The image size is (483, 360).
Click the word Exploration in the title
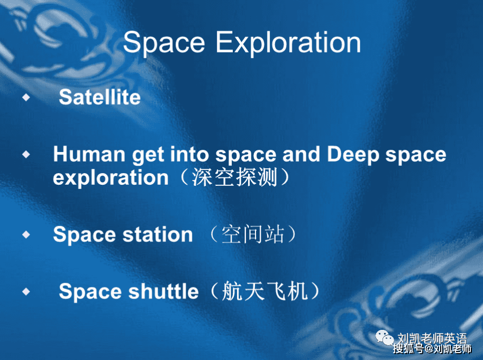288,43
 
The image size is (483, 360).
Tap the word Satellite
100,97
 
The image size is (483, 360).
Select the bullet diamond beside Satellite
26,97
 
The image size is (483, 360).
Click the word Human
89,154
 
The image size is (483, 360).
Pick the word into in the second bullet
189,154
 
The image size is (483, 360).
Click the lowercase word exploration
111,178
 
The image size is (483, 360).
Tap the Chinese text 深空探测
235,177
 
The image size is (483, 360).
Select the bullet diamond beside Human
26,154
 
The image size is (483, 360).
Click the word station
158,235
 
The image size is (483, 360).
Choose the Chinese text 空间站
252,234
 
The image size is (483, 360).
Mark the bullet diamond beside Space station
26,235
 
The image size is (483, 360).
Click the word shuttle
163,291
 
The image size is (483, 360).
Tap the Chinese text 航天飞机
265,291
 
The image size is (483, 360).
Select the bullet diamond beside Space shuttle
26,291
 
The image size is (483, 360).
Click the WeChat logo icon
385,338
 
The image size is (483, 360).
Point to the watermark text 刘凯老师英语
432,338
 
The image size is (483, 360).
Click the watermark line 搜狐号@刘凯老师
432,349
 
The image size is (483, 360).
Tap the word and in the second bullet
301,154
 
